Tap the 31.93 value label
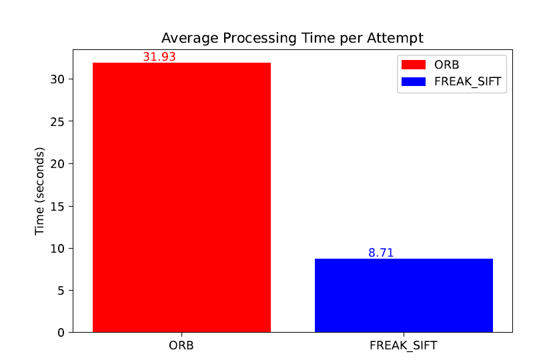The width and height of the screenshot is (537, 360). point(159,57)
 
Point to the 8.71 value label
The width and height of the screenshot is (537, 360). point(382,253)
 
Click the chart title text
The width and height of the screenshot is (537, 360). point(292,37)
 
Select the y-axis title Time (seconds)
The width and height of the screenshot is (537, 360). point(40,191)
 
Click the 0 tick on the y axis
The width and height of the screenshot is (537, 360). point(60,333)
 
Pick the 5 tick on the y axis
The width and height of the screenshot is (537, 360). point(60,291)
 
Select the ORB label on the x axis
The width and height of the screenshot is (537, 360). point(181,347)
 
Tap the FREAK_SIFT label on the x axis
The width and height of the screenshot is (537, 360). point(404,347)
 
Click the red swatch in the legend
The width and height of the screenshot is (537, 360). point(412,65)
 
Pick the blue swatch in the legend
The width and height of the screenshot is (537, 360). point(412,81)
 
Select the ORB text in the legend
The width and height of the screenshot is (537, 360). point(447,65)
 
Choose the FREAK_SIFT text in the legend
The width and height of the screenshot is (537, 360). point(466,81)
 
